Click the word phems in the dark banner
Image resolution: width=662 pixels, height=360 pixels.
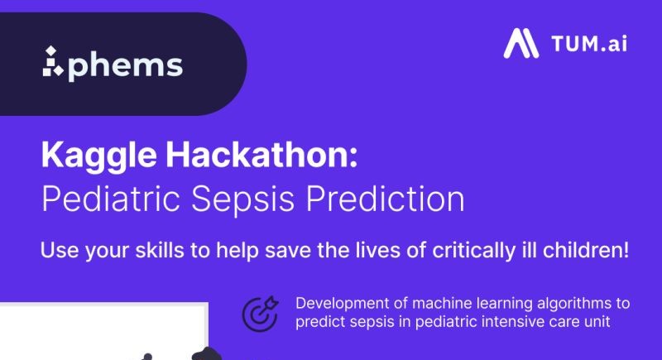(125, 65)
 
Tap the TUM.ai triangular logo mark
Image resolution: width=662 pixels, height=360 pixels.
(521, 43)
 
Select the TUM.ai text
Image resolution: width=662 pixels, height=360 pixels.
(588, 43)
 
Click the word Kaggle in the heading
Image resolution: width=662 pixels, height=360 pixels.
(89, 157)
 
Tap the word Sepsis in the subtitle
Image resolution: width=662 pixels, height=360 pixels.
(245, 200)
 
